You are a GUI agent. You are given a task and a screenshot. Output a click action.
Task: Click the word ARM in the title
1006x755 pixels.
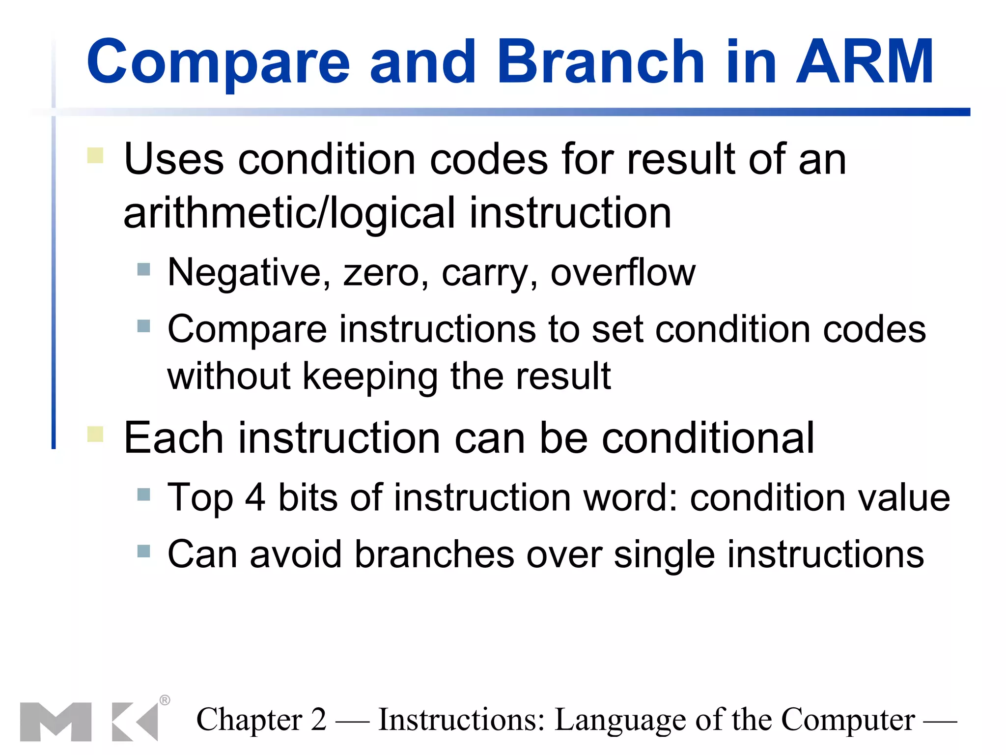pyautogui.click(x=865, y=62)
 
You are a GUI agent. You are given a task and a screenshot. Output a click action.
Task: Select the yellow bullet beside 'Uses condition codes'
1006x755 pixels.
pyautogui.click(x=95, y=155)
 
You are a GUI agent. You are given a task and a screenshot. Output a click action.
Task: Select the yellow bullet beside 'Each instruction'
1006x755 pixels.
pyautogui.click(x=95, y=434)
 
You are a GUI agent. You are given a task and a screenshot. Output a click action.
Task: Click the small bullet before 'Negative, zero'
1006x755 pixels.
pyautogui.click(x=143, y=269)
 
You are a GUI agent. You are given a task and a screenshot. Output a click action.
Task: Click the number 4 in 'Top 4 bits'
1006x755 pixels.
pyautogui.click(x=255, y=497)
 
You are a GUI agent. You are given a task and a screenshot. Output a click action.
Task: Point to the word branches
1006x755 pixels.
pyautogui.click(x=434, y=554)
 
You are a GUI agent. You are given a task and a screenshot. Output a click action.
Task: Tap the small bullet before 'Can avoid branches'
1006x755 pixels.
pyautogui.click(x=143, y=551)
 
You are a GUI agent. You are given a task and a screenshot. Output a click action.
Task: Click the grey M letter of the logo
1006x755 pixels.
pyautogui.click(x=56, y=722)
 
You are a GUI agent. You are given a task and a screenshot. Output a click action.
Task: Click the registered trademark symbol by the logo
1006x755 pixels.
pyautogui.click(x=165, y=700)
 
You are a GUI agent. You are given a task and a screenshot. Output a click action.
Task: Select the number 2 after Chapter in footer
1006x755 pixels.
pyautogui.click(x=318, y=720)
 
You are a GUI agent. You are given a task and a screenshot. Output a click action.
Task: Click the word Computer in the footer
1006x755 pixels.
pyautogui.click(x=848, y=720)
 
